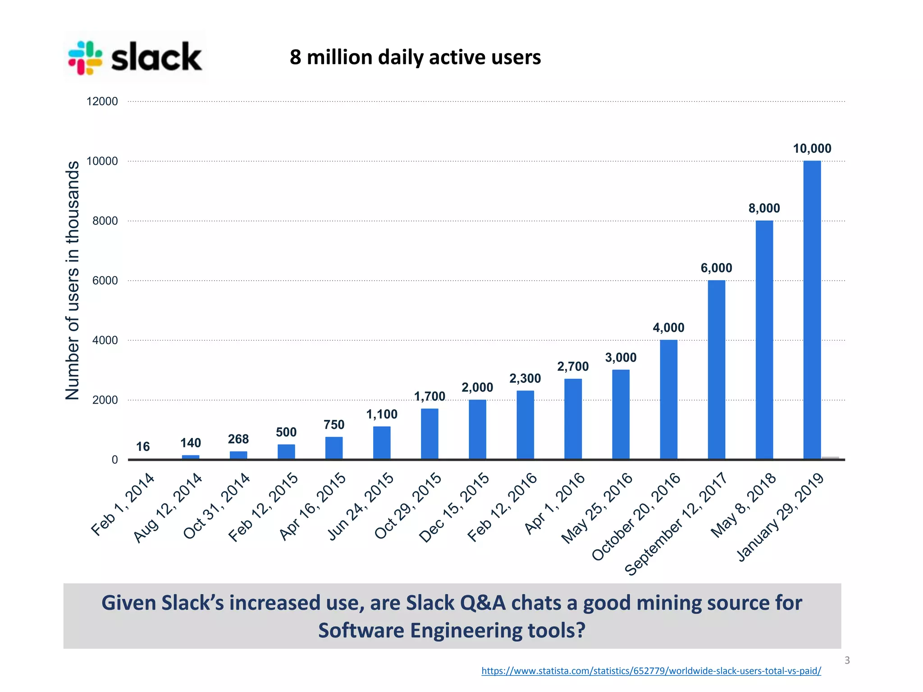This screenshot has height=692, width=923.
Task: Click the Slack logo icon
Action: coord(85,58)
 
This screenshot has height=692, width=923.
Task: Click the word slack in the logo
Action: coord(156,57)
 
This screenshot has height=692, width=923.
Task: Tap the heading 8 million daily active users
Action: coord(415,57)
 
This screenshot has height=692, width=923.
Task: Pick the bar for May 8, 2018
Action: coord(764,340)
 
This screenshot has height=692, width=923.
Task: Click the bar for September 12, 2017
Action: coord(716,369)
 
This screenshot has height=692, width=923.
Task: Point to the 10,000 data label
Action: coord(812,148)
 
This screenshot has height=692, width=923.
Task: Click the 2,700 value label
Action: coord(573,366)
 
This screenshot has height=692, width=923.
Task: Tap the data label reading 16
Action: coord(143,446)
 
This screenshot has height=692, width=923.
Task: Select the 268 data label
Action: coord(238,439)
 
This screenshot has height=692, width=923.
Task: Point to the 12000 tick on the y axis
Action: coord(102,101)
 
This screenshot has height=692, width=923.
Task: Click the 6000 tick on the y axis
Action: coord(105,280)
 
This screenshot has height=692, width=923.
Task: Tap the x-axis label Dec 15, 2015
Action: coord(454,507)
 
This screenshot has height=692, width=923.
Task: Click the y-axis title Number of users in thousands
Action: coord(73,280)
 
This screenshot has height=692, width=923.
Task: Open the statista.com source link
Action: coord(651,670)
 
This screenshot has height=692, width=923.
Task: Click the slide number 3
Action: coord(847,660)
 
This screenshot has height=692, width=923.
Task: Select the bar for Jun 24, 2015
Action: coord(382,442)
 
